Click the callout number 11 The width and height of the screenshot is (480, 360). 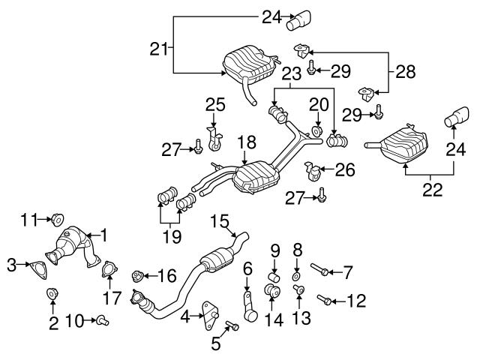[x=28, y=219]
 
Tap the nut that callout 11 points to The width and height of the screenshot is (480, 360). [x=55, y=220]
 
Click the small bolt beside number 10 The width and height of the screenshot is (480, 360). [x=103, y=321]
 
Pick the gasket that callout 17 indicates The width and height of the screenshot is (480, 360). [x=109, y=268]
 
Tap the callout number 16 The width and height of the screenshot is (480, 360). [x=166, y=276]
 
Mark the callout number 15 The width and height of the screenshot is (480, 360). [x=218, y=220]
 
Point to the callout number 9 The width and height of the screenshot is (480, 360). [x=274, y=249]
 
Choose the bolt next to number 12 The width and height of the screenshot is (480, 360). [x=325, y=301]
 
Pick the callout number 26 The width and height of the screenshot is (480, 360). [x=344, y=170]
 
